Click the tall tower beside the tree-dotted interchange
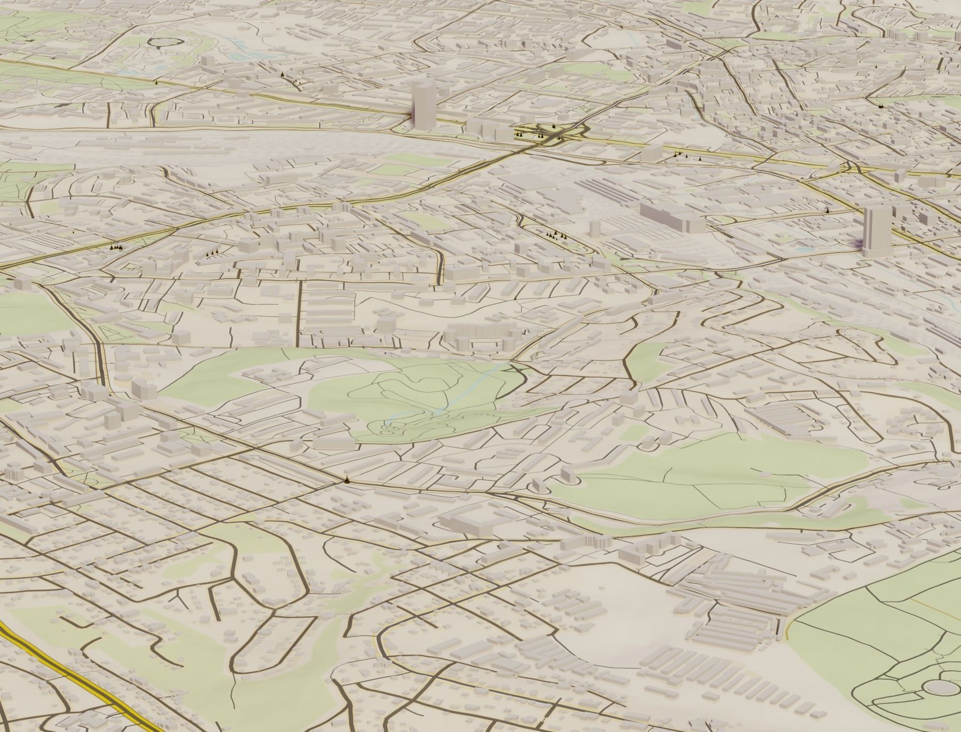423,107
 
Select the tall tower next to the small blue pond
876,232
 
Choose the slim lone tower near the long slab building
594,227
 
